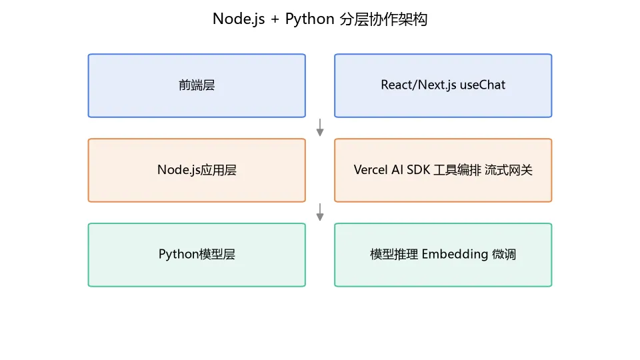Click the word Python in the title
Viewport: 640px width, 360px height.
[309, 19]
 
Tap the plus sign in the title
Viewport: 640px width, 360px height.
[275, 19]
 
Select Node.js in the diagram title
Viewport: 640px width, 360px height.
[239, 19]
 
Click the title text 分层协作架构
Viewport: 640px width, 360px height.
[383, 19]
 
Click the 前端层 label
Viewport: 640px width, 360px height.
[197, 85]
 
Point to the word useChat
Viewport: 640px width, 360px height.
[483, 85]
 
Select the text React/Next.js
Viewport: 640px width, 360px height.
[419, 85]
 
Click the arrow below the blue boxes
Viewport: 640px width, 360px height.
[320, 127]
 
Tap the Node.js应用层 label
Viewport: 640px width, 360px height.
[197, 170]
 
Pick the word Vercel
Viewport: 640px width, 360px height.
[370, 170]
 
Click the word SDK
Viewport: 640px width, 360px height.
[419, 170]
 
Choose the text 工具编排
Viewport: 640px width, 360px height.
[457, 170]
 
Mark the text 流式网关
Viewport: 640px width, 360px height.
[509, 170]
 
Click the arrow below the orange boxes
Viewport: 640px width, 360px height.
[320, 212]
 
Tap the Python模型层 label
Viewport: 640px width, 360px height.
[197, 254]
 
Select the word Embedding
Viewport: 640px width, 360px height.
[455, 254]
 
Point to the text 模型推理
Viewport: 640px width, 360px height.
[394, 254]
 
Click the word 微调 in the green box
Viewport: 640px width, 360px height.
[504, 254]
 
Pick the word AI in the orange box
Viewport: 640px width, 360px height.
[397, 170]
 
